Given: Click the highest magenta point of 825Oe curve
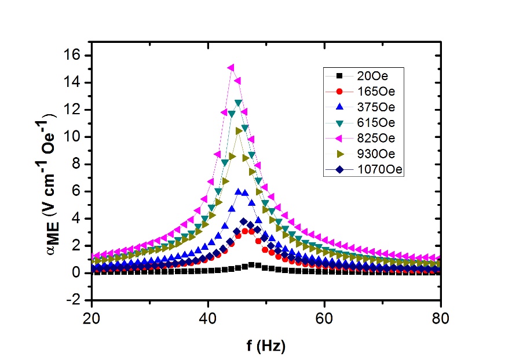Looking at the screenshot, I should point(231,68).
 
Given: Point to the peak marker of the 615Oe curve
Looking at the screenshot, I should point(238,103).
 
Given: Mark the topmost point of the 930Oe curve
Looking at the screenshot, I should point(239,131).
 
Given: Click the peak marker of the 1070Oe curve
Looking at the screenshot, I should point(244,221).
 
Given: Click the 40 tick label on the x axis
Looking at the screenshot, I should point(209,318).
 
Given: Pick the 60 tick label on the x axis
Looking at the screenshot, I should point(324,318).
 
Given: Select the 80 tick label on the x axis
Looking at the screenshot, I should point(441,318).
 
